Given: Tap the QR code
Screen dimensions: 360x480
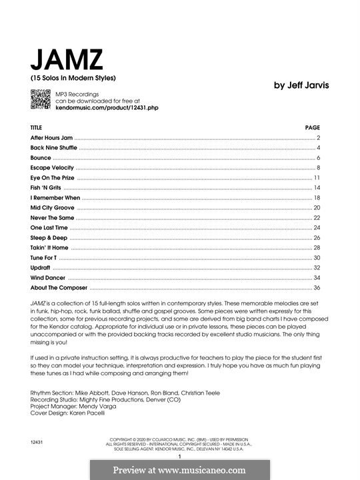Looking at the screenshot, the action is [x=39, y=100].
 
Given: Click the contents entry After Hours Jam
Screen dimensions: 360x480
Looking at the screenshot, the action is [x=51, y=137].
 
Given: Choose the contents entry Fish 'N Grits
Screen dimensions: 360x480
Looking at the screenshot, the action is [x=45, y=188].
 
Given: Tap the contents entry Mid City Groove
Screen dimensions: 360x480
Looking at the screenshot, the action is [x=52, y=208].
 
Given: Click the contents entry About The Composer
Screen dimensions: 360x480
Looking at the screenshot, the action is [x=59, y=288].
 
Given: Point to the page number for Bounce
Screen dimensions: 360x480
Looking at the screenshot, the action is [x=319, y=158].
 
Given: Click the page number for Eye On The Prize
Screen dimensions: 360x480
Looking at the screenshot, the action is [x=317, y=178].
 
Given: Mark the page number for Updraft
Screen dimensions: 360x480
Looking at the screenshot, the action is [x=317, y=268].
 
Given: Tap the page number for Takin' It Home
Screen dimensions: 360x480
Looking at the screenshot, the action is [x=317, y=248].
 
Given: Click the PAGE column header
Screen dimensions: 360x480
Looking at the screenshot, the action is [x=313, y=127].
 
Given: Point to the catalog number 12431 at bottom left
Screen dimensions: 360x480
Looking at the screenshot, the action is [x=38, y=442].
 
